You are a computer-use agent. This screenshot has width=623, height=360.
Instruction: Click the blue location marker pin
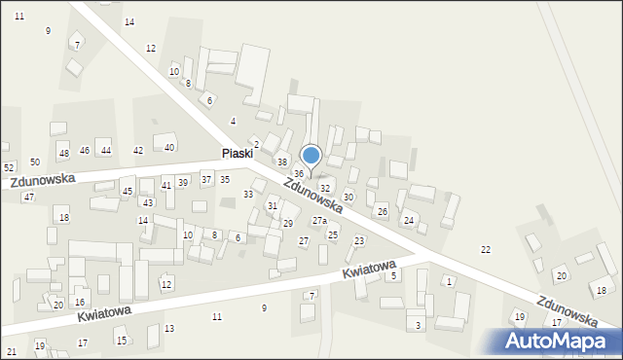(311, 156)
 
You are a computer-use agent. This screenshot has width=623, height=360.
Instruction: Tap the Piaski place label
(237, 154)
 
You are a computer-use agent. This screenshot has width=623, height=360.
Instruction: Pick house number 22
(486, 250)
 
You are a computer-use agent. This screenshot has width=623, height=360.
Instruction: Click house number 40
(169, 148)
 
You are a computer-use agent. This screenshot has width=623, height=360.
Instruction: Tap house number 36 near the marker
(300, 173)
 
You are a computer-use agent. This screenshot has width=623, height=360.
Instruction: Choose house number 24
(409, 221)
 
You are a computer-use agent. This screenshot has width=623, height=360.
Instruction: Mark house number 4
(233, 122)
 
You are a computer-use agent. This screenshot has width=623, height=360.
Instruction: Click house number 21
(12, 351)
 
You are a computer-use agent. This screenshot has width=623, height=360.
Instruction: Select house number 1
(449, 281)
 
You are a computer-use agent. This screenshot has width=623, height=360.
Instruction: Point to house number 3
(419, 325)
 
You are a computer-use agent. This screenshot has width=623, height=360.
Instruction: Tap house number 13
(169, 329)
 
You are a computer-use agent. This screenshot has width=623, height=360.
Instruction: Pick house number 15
(122, 341)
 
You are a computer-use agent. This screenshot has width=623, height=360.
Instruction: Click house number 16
(80, 303)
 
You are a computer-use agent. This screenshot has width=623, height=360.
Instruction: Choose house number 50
(35, 162)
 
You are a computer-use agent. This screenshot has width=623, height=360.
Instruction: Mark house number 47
(29, 198)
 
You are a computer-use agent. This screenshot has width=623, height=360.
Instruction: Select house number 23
(359, 240)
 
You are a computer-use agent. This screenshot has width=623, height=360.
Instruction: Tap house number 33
(248, 195)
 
